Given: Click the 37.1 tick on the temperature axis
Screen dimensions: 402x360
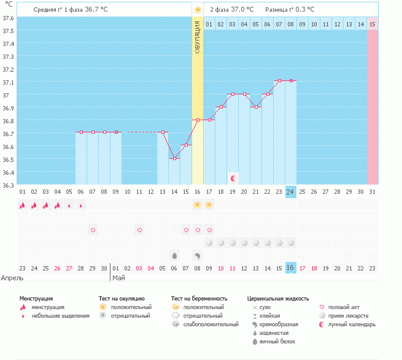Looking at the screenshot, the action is (8, 83).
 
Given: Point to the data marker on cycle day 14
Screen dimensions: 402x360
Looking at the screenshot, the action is (174, 158).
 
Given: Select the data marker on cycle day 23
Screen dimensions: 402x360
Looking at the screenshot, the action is (279, 81).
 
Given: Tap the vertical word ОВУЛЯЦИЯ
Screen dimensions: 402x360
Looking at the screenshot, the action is (198, 37).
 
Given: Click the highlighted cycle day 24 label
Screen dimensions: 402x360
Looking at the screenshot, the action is (291, 192).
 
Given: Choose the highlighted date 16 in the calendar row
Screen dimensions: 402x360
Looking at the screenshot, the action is (291, 268).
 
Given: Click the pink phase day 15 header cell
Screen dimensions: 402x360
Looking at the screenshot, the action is (373, 24).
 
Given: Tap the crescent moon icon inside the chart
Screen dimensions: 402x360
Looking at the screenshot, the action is (233, 178).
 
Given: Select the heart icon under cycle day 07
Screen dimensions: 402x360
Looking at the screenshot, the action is (93, 230).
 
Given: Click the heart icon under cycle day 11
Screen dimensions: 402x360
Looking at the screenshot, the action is (139, 230).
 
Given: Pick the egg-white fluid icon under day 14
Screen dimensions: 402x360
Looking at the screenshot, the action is (174, 256).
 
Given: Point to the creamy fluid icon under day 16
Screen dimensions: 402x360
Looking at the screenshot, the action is (198, 256).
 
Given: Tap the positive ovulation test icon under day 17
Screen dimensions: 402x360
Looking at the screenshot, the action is (209, 205).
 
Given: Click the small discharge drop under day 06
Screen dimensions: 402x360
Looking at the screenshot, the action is (81, 205).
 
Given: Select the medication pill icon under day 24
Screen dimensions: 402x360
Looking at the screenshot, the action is (291, 243).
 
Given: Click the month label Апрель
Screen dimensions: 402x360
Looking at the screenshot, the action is (12, 278).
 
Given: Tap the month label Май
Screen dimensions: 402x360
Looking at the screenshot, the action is (118, 278).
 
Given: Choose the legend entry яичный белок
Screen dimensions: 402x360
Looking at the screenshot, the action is (277, 342).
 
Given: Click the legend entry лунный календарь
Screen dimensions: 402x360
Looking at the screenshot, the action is (352, 324).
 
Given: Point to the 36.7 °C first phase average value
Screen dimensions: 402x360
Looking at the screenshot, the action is (96, 9).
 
